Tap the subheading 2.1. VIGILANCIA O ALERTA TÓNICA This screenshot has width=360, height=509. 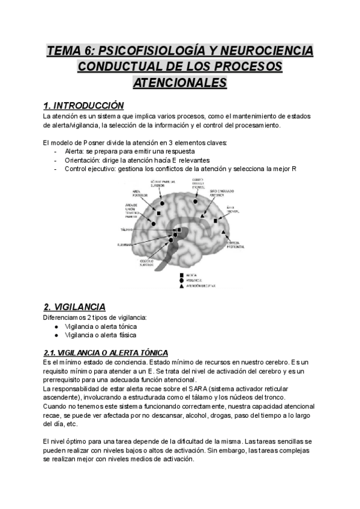point(106,352)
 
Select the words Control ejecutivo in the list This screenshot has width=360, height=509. point(90,169)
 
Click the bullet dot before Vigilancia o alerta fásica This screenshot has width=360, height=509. point(56,334)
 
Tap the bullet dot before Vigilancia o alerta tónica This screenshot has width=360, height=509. point(56,326)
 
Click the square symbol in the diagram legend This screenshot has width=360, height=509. point(181,274)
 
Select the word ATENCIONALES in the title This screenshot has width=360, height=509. point(179,82)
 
